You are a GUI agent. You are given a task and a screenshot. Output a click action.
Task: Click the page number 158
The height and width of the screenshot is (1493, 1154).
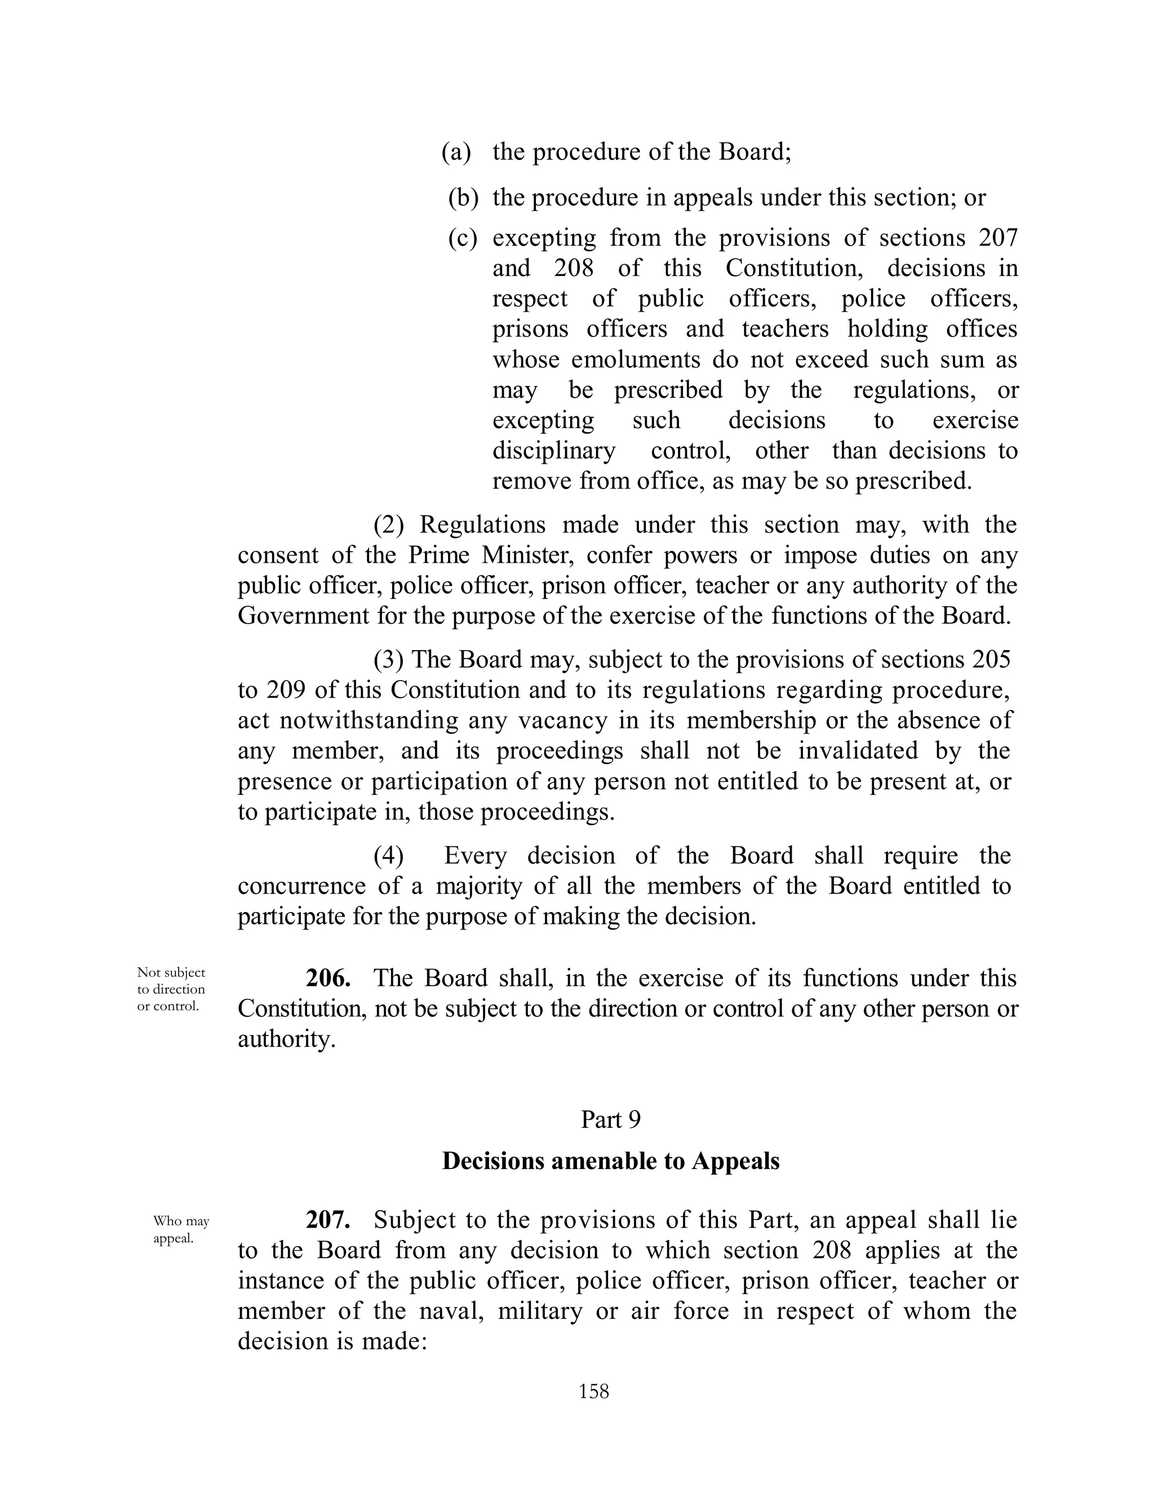[593, 1391]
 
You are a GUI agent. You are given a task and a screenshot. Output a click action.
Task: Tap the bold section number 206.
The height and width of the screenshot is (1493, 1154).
[328, 978]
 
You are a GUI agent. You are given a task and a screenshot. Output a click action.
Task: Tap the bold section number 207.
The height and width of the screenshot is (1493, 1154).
[328, 1220]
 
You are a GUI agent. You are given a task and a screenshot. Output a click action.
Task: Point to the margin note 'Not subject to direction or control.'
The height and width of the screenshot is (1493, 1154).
[171, 989]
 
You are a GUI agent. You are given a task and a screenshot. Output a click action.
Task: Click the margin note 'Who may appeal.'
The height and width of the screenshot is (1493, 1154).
[181, 1230]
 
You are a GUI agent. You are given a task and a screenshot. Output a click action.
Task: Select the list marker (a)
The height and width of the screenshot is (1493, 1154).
[456, 152]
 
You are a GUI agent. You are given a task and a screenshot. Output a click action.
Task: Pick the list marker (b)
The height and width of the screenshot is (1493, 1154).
[463, 198]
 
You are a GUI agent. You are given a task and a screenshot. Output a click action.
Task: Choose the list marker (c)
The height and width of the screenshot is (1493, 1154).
[463, 238]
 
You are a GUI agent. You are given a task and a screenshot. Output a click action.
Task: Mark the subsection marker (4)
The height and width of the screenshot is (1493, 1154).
[388, 856]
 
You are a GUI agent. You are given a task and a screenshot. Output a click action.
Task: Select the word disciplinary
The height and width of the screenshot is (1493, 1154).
[554, 451]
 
